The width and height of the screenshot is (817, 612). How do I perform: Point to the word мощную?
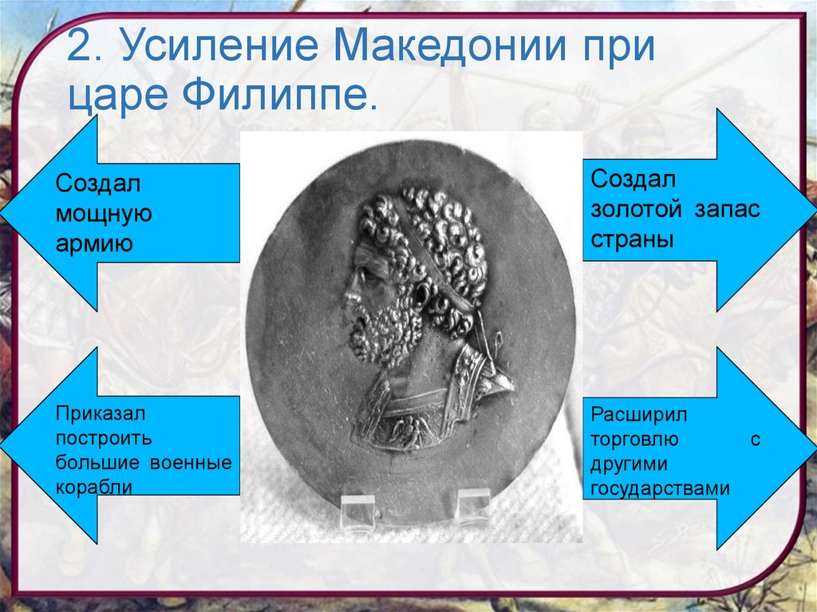pos(104,214)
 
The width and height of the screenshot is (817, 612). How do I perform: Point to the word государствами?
pos(661,488)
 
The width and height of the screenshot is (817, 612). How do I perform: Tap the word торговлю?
pos(635,440)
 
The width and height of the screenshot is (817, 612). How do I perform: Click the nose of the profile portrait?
pos(349,297)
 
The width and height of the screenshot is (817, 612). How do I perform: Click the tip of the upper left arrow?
pos(3,213)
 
